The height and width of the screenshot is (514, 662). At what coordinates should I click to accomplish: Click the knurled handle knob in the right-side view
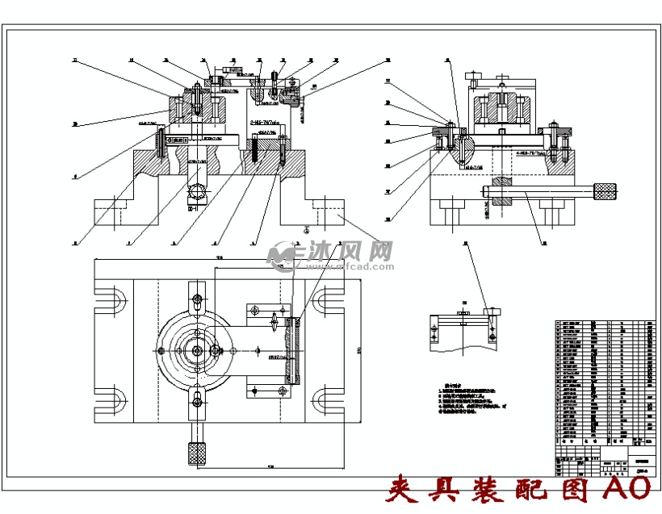(604, 191)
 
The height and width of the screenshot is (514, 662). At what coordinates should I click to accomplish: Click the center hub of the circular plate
(197, 350)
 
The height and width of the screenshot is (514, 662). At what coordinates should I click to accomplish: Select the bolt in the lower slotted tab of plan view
(197, 398)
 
